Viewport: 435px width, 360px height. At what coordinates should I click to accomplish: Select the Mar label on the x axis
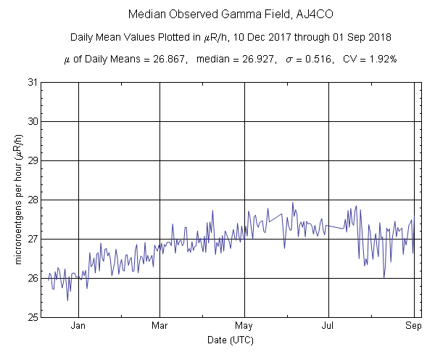[x=160, y=326]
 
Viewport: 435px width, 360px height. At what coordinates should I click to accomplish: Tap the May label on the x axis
[x=244, y=326]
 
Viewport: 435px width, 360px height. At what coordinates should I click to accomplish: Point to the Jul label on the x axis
[x=329, y=326]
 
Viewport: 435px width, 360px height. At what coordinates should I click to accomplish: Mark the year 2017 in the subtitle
[x=272, y=37]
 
